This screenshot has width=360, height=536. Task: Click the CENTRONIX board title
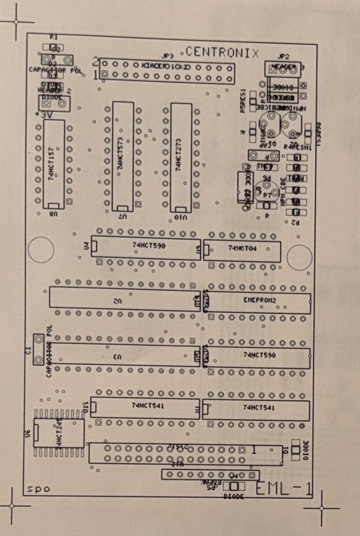click(x=223, y=52)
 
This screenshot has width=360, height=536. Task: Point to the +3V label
click(x=41, y=114)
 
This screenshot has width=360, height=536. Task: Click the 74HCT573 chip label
click(x=120, y=154)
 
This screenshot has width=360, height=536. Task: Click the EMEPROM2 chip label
click(x=260, y=300)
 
